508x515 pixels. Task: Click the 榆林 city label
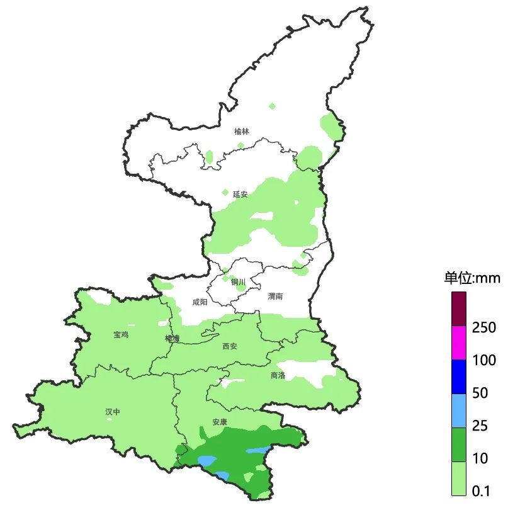click(242, 132)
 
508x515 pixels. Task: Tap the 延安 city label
click(240, 195)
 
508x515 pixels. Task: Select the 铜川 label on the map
click(238, 282)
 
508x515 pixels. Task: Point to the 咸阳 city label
click(200, 302)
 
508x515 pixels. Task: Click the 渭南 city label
click(275, 296)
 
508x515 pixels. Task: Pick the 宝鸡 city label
click(121, 335)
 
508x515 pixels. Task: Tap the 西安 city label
click(230, 346)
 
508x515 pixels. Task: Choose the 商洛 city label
click(278, 375)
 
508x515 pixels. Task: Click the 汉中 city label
click(113, 412)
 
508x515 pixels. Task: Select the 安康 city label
click(220, 422)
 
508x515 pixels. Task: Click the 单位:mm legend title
click(471, 278)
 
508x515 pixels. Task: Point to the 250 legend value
click(483, 327)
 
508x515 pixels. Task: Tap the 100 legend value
click(483, 361)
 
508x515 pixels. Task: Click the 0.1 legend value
click(481, 492)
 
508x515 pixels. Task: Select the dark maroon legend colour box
click(459, 308)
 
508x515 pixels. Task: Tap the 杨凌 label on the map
click(172, 339)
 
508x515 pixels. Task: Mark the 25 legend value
click(480, 426)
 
